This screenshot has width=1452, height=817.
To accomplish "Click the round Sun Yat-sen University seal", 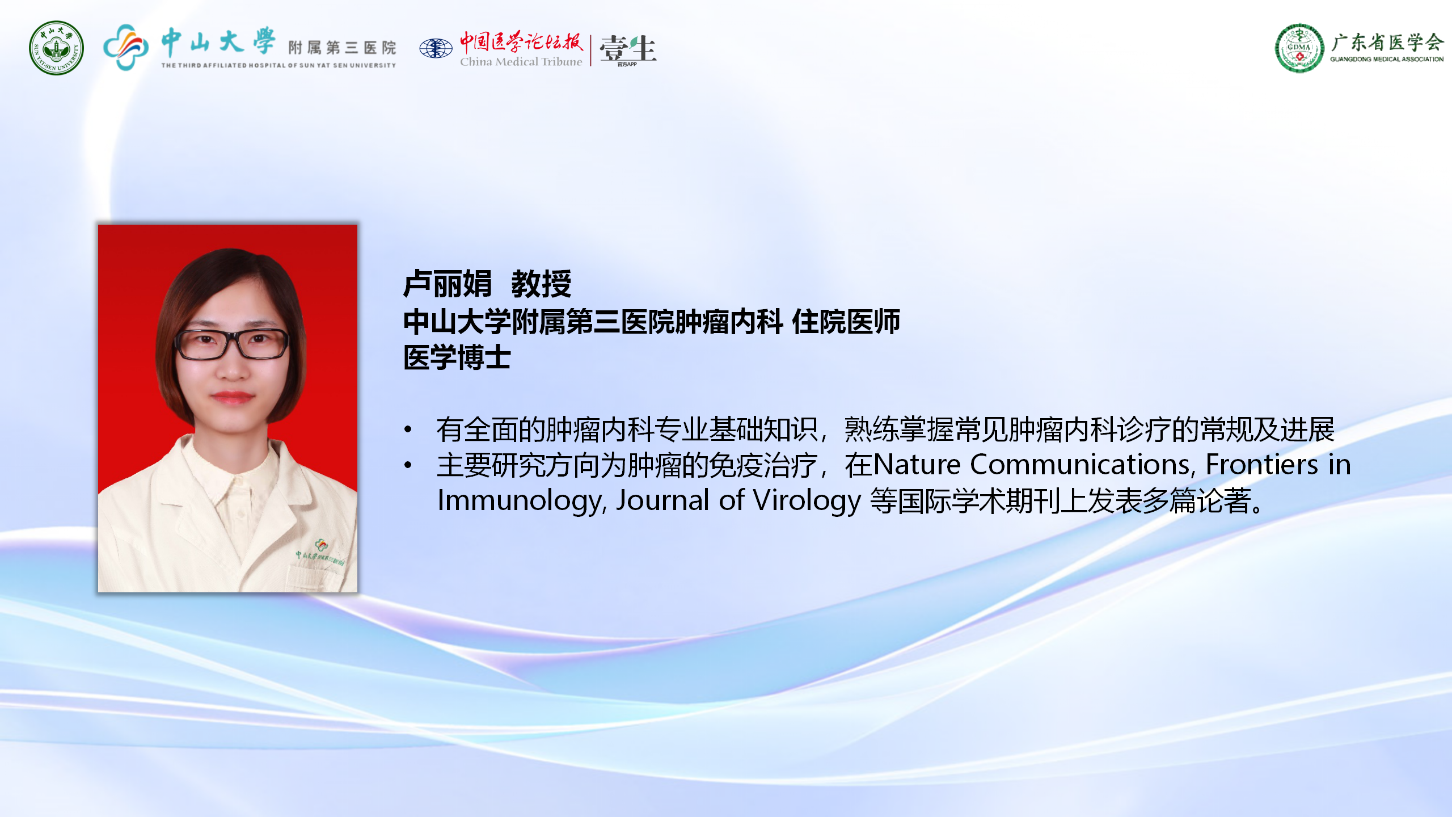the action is [56, 48].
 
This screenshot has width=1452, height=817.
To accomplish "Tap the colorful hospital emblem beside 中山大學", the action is [126, 47].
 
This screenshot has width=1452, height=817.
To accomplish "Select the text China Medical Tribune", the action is [521, 62].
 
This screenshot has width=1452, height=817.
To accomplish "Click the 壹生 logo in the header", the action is [628, 49].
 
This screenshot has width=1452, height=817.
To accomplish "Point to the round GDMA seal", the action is [1299, 48].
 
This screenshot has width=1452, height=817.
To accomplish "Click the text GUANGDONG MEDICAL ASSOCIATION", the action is [1387, 59].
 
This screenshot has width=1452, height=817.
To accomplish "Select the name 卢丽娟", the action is [447, 284].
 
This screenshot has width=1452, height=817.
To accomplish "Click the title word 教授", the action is [541, 284].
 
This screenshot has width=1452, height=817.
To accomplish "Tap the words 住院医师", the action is [846, 322].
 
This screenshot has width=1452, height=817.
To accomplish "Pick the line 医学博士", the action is [457, 357].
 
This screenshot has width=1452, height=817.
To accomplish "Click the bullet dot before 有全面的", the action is [408, 429].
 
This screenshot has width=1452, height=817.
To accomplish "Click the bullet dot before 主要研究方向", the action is [408, 465].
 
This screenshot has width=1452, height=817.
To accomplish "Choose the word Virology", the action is [807, 501].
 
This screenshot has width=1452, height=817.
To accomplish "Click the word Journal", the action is [662, 501].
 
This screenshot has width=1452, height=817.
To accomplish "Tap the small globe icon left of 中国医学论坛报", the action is [436, 48].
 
